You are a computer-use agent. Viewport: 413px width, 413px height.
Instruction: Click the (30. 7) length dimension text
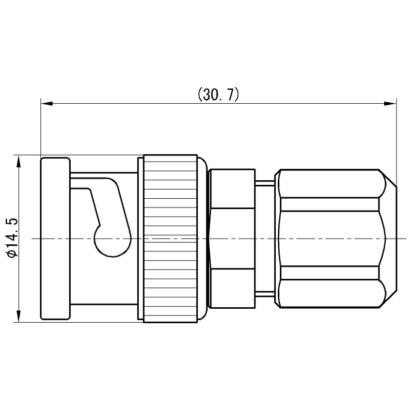[218, 94]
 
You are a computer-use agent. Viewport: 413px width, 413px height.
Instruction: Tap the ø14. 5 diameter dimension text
[12, 237]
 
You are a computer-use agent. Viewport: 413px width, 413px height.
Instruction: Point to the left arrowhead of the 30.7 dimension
[46, 104]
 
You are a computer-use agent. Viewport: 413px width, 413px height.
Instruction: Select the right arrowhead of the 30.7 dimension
[390, 104]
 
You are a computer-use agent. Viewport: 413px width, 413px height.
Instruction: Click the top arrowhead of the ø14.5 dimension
[19, 161]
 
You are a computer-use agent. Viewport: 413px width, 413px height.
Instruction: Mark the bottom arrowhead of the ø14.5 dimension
[19, 316]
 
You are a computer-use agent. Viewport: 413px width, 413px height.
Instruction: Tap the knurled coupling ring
[171, 239]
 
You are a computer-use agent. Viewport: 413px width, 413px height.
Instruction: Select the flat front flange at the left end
[55, 239]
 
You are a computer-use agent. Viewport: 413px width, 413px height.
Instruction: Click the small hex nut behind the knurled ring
[232, 239]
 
